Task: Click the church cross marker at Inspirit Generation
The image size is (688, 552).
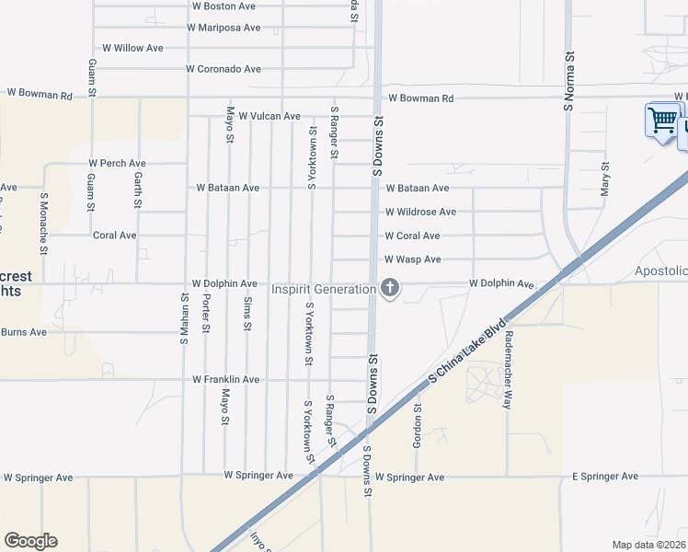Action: click(390, 289)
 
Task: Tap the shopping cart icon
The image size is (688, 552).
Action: click(662, 120)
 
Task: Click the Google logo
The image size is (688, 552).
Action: click(30, 541)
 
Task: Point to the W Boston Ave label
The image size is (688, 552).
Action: click(223, 6)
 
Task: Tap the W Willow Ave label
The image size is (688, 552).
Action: click(132, 48)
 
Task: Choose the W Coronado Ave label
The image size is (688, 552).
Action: click(224, 69)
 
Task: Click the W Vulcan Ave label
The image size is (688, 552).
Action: click(269, 117)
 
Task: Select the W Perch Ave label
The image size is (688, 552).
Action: click(118, 164)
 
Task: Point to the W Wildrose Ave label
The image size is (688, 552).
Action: click(420, 212)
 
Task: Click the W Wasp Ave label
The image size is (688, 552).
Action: click(413, 260)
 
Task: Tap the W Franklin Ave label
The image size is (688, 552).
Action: click(226, 380)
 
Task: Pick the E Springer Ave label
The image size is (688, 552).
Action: click(605, 477)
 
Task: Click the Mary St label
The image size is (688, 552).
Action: click(605, 179)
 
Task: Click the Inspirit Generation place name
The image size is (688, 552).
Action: click(323, 289)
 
